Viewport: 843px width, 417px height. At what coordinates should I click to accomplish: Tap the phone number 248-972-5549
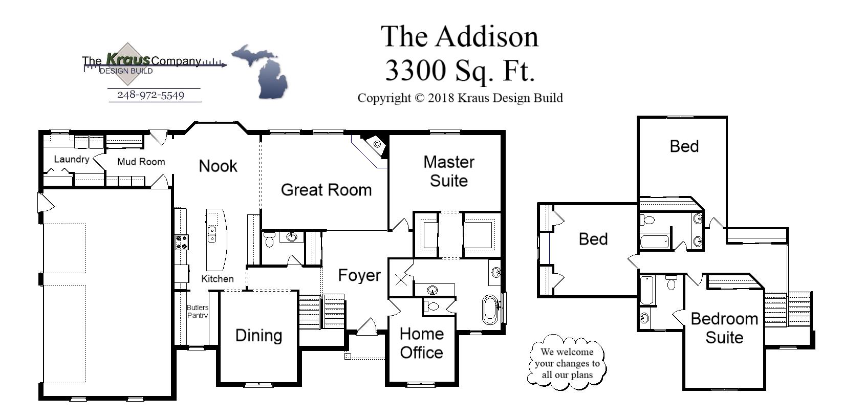click(150, 95)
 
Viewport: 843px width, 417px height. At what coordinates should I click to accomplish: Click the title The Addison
click(460, 37)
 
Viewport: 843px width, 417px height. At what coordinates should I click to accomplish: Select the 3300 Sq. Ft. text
click(460, 71)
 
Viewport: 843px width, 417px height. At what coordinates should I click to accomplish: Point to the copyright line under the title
click(460, 98)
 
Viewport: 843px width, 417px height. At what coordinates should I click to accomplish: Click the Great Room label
click(326, 190)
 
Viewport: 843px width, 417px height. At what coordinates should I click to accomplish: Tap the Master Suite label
click(448, 171)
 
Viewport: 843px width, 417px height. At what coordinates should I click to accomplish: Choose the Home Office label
click(421, 343)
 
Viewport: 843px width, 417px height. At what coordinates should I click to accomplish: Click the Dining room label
click(258, 336)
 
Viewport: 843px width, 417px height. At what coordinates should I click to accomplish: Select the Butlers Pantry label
click(197, 311)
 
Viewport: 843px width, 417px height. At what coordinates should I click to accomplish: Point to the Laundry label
click(71, 159)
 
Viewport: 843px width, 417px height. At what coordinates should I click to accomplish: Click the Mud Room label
click(141, 162)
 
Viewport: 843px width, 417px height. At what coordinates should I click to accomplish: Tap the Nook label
click(218, 166)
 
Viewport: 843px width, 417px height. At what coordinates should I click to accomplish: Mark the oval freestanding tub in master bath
click(490, 309)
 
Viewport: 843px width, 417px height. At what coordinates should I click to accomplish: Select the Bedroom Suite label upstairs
click(724, 328)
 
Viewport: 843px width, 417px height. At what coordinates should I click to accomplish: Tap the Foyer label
click(359, 275)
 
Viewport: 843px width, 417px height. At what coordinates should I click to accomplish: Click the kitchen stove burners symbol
click(182, 242)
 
